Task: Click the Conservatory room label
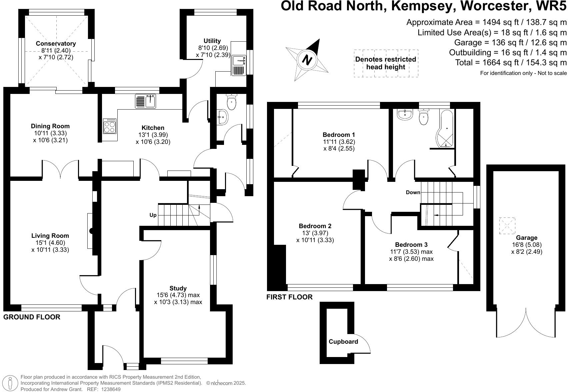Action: point(56,44)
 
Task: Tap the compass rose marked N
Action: point(307,60)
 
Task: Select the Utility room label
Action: point(212,41)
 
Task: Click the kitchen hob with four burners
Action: point(110,126)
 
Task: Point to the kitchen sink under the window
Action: point(146,101)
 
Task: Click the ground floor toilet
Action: point(231,102)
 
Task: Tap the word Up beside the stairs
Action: point(153,215)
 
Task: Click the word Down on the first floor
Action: point(413,193)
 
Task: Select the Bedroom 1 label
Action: point(339,135)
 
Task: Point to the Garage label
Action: point(527,238)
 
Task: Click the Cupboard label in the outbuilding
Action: point(343,342)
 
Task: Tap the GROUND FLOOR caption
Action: point(32,317)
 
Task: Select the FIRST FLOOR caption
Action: point(289,297)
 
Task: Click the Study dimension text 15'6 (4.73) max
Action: point(178,295)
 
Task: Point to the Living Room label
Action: point(50,236)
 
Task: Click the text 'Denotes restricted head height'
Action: point(386,63)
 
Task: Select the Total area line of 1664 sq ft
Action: point(511,62)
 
